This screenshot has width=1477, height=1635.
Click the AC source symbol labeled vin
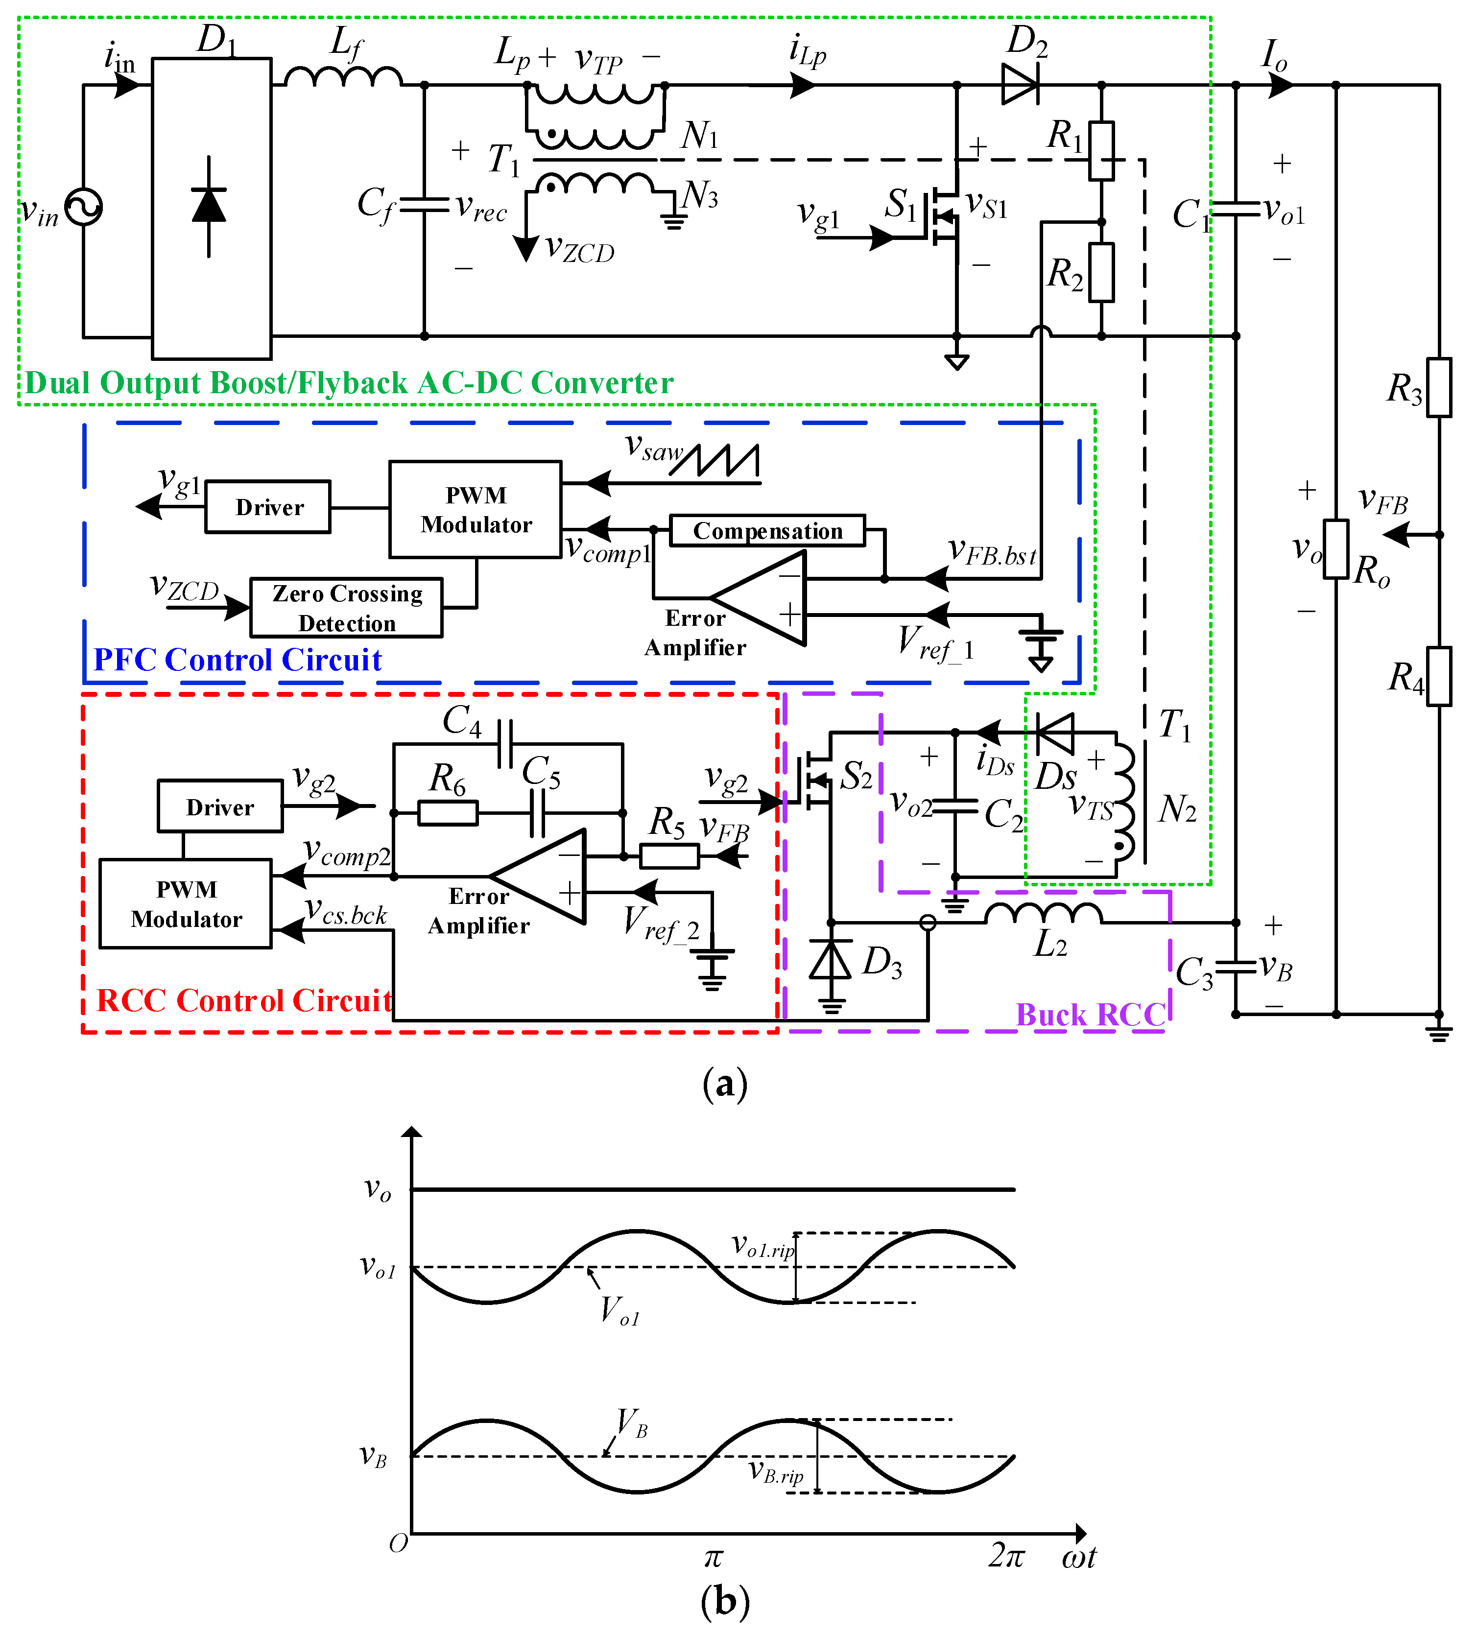click(84, 207)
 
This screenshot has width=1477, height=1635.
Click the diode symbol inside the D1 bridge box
click(209, 205)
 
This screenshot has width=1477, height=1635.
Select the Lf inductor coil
click(343, 76)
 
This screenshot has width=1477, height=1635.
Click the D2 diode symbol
click(1021, 84)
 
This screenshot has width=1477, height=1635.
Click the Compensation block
click(767, 530)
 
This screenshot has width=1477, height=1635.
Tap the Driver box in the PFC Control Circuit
click(268, 507)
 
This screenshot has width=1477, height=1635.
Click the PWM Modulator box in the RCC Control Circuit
click(186, 903)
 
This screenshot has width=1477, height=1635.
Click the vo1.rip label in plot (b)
click(762, 1246)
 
